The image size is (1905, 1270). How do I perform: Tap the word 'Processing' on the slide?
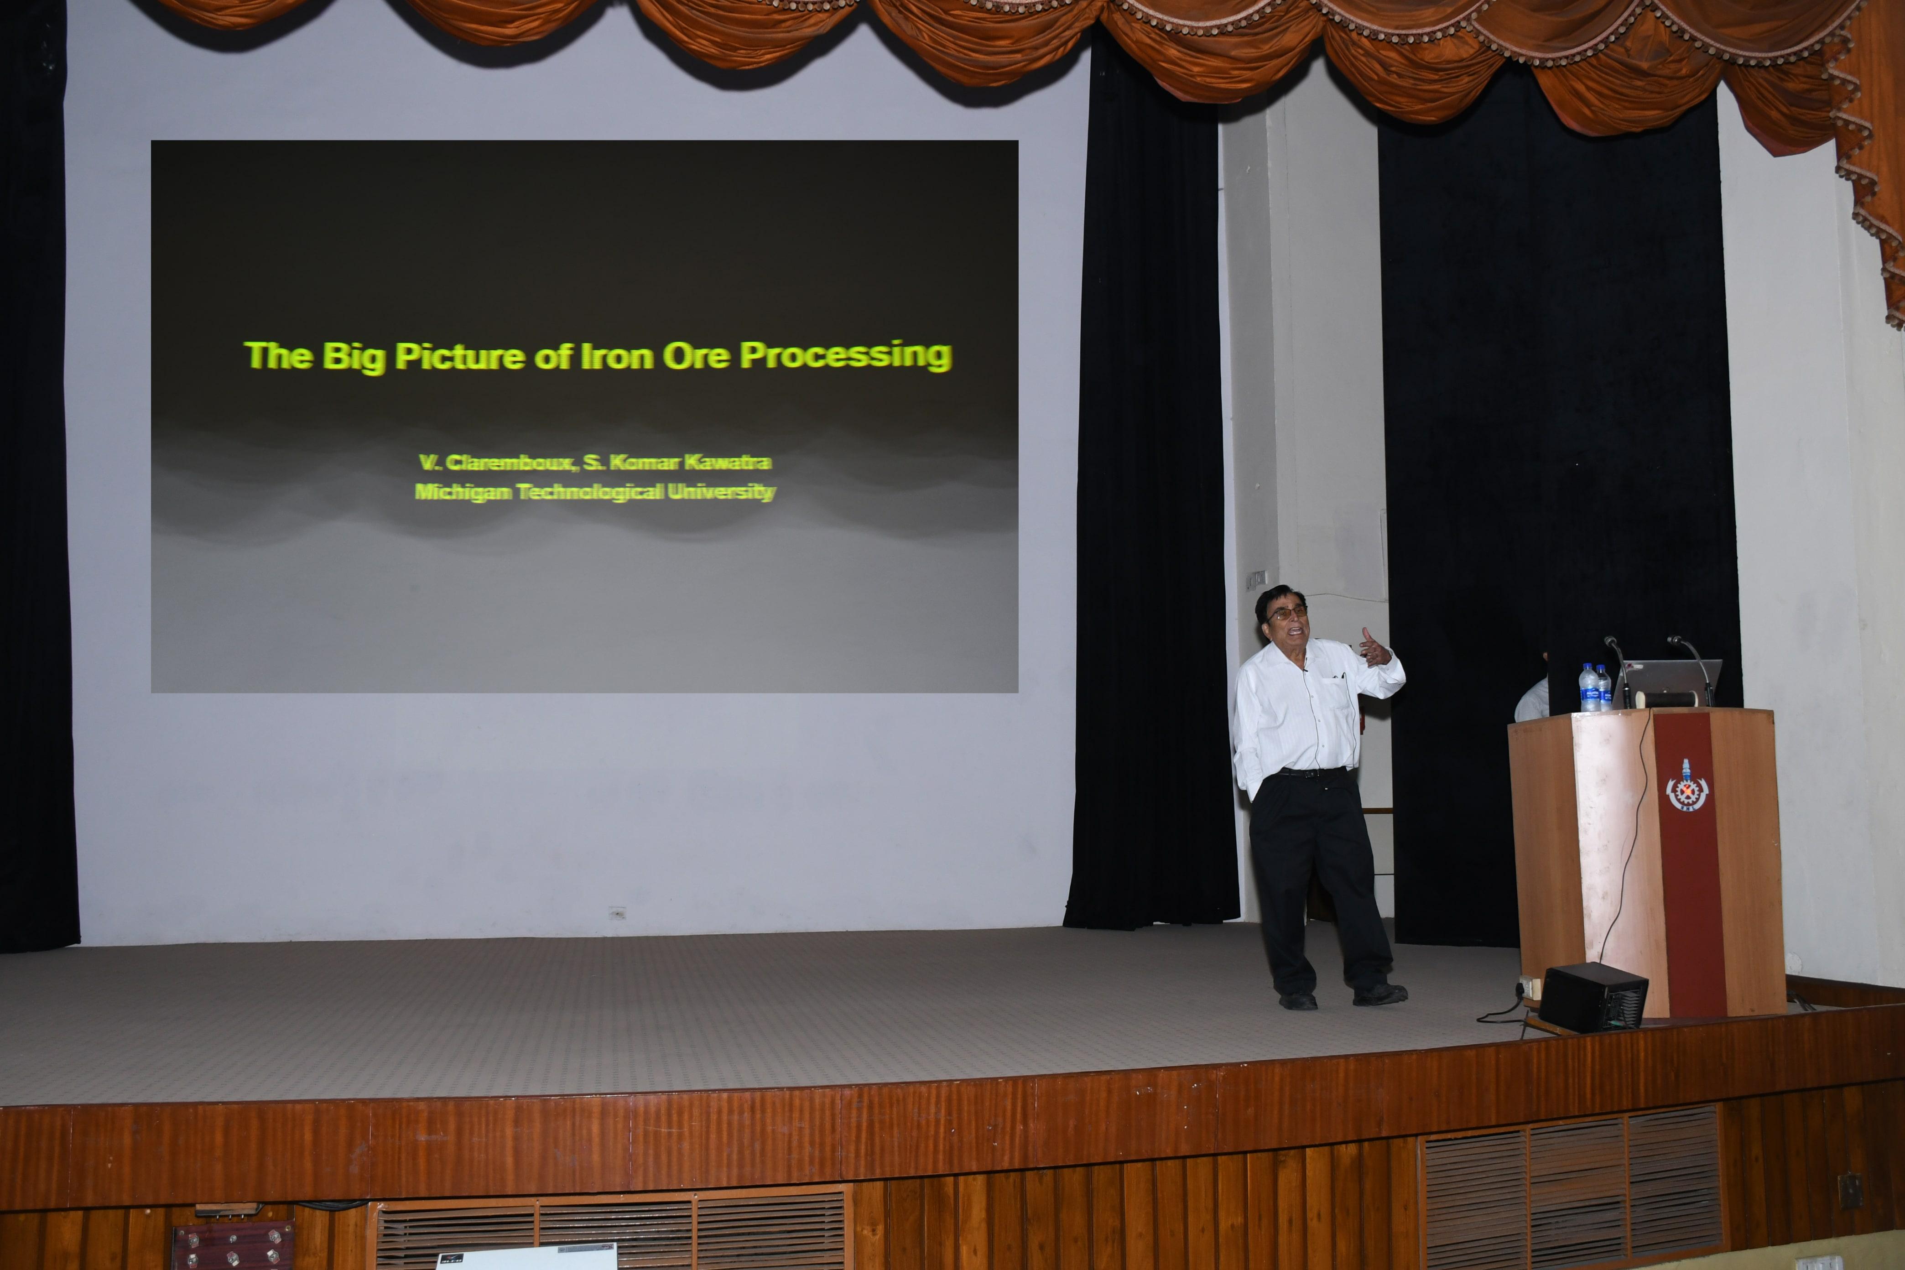click(846, 356)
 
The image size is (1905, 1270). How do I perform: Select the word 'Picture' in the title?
click(460, 356)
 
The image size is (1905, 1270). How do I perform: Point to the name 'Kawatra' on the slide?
click(727, 463)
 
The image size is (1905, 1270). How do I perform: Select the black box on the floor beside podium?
click(1593, 997)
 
